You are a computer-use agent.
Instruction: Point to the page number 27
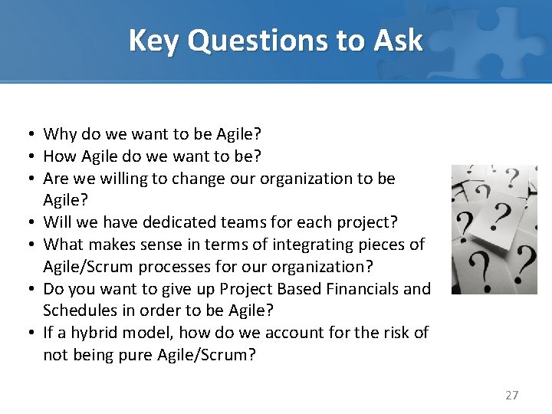click(512, 396)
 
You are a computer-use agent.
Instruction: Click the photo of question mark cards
click(494, 229)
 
